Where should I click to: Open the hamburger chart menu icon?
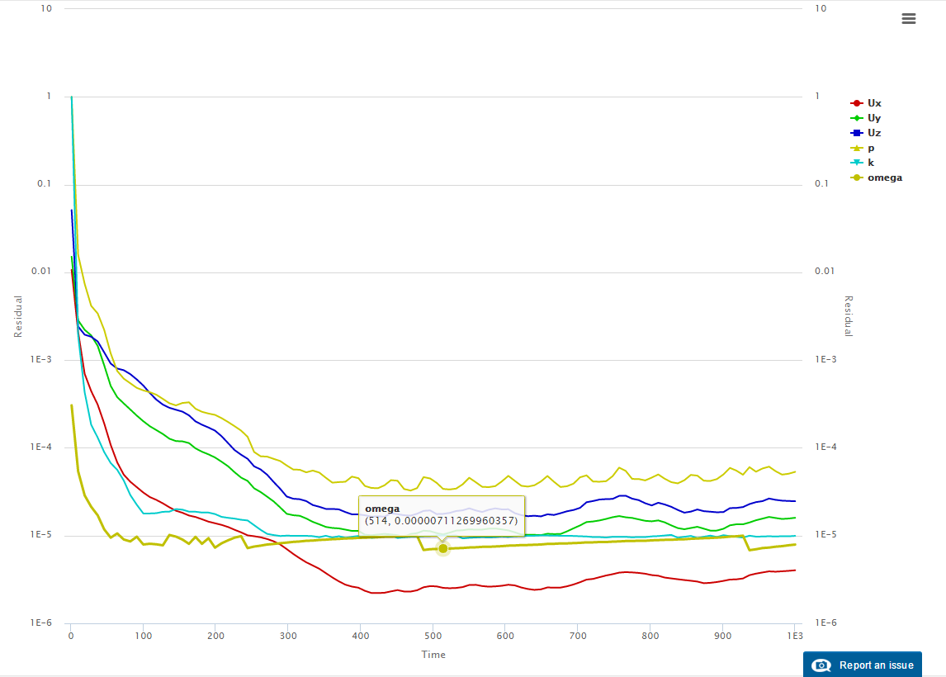(909, 19)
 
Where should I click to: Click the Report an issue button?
(863, 665)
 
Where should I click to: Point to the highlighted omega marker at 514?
(443, 548)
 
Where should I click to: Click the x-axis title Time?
(433, 655)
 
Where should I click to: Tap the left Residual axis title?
(17, 316)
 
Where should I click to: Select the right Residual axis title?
(848, 316)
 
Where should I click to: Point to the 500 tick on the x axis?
(433, 636)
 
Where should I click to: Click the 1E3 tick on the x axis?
(795, 636)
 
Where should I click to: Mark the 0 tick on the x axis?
(71, 636)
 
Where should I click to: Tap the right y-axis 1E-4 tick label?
(826, 447)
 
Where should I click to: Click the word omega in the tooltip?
(382, 509)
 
